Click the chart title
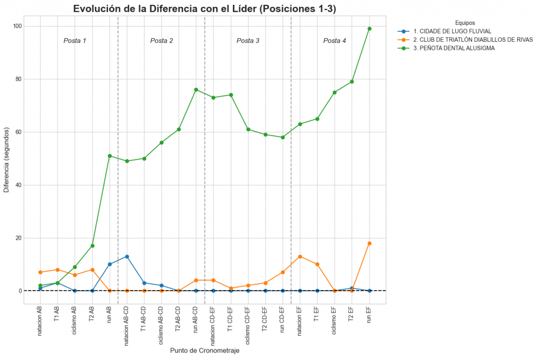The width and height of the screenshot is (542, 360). (204, 8)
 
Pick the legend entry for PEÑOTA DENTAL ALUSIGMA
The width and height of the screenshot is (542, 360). (454, 48)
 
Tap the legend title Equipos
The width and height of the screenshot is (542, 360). (465, 23)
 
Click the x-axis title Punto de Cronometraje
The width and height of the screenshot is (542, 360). (204, 350)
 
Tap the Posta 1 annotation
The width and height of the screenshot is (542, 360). (75, 41)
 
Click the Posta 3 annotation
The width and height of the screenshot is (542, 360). (248, 41)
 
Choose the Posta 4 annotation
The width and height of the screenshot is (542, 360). (335, 41)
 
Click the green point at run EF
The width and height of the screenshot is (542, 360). (369, 29)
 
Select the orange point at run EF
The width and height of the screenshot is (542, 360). (369, 244)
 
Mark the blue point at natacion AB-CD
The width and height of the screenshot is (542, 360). (127, 257)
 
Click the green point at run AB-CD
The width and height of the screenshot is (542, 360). (196, 90)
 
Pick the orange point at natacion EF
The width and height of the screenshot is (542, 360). (300, 257)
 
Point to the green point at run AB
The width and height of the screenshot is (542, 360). (110, 156)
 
